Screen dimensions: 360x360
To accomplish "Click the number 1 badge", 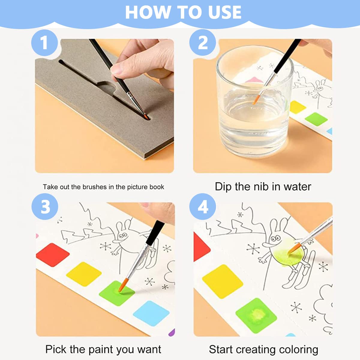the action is [44, 43].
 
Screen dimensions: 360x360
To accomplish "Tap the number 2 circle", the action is [202, 43].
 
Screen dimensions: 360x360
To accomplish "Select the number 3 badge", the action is [45, 207].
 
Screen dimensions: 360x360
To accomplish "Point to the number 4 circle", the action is [202, 207].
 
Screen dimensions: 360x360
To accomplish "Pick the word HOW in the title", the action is [147, 12].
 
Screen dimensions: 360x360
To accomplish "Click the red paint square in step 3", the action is [53, 255].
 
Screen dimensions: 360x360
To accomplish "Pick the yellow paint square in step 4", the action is [223, 281].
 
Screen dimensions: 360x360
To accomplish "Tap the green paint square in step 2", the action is [316, 119].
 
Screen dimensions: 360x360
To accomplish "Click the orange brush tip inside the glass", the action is [256, 100].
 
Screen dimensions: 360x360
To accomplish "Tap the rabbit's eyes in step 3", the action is [123, 236].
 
